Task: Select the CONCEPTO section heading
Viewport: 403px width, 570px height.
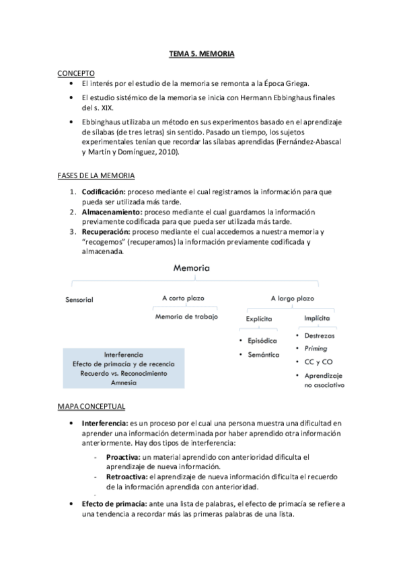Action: tap(75, 73)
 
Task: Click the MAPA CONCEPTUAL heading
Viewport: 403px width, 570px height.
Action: tap(94, 406)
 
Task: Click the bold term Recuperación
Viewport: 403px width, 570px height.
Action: tap(105, 233)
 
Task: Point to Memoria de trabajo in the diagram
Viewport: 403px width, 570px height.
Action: tap(186, 317)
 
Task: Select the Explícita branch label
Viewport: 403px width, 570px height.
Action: tap(258, 318)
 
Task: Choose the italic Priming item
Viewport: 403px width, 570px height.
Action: tap(316, 348)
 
